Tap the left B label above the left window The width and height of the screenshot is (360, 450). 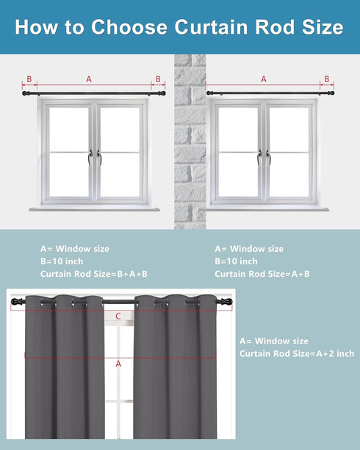click(x=29, y=79)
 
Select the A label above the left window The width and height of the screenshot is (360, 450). click(x=89, y=79)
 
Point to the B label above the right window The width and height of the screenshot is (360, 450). click(x=327, y=79)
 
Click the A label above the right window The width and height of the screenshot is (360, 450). click(x=264, y=79)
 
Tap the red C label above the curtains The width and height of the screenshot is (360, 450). click(x=118, y=316)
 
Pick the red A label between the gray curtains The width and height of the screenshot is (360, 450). click(x=118, y=364)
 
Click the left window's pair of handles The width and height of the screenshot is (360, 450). click(x=95, y=158)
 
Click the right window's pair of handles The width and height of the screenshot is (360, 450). click(x=264, y=158)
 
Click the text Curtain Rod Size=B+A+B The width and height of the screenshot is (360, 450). click(x=94, y=274)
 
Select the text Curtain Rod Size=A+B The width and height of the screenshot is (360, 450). click(x=262, y=274)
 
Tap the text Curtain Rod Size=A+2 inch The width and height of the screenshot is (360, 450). click(x=297, y=353)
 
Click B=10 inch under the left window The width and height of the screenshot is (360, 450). click(x=62, y=261)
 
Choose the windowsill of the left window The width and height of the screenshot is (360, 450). click(x=94, y=209)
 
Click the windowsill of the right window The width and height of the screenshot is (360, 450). click(x=264, y=209)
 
